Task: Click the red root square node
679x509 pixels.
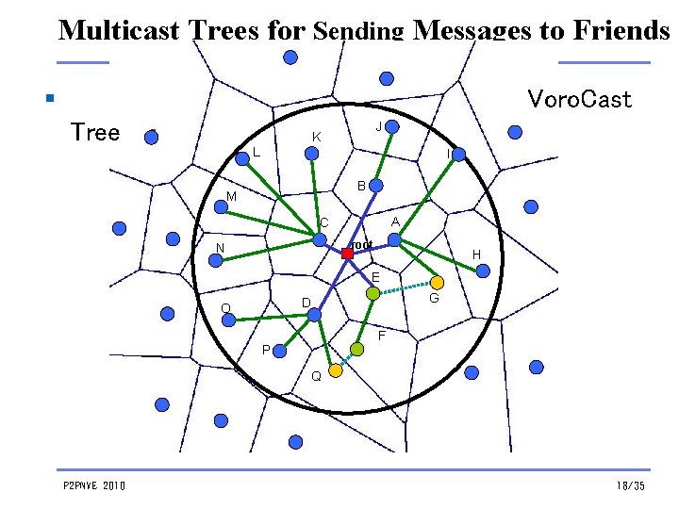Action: coord(347,253)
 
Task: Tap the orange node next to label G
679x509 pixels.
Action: coord(438,281)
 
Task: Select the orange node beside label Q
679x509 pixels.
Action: coord(336,370)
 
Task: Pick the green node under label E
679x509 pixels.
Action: coord(373,294)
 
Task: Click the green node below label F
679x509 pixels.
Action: coord(356,349)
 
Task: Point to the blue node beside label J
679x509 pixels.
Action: coord(393,126)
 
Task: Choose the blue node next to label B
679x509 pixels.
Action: coord(374,186)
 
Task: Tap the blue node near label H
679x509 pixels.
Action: coord(484,271)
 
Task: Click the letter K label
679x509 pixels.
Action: coord(317,138)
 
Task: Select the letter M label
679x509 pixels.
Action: coord(231,197)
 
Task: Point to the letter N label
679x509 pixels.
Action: coord(220,249)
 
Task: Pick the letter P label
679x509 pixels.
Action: coord(266,350)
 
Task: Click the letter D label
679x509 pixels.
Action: coord(306,302)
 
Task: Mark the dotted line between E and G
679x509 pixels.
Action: coord(406,287)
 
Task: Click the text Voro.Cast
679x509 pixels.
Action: coord(579,99)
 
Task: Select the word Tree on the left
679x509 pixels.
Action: coord(95,132)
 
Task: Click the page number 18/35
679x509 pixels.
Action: coord(630,485)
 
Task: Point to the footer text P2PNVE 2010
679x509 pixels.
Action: coord(93,485)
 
